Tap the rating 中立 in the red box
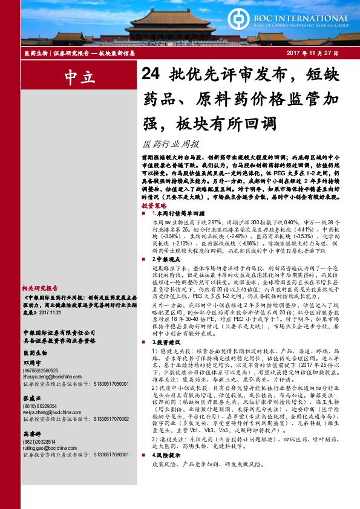(x=79, y=77)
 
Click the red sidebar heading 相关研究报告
(x=40, y=288)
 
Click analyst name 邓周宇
(x=33, y=362)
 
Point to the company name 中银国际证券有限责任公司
(x=58, y=332)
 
